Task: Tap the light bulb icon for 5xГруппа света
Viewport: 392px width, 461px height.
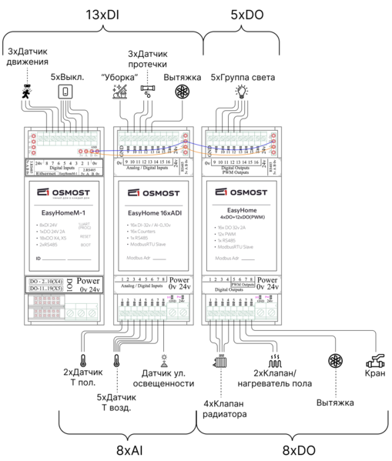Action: [240, 92]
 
